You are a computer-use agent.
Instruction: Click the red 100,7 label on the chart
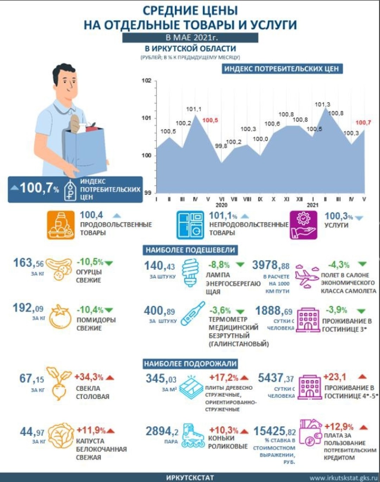(363, 123)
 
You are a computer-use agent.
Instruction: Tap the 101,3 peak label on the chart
(322, 105)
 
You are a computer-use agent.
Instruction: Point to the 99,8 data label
(221, 146)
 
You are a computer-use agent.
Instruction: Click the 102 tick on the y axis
(146, 81)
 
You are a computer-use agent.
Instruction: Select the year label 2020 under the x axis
(221, 205)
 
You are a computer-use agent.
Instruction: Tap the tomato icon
(60, 317)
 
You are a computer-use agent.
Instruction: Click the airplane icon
(306, 277)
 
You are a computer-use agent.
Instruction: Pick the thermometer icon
(193, 313)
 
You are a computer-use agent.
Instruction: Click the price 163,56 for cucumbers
(28, 263)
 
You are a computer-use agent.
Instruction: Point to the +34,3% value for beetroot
(89, 377)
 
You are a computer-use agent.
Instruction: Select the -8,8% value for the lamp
(219, 265)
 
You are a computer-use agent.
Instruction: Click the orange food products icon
(61, 225)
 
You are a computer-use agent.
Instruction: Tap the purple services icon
(303, 225)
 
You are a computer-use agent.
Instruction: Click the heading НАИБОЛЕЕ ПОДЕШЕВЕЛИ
(190, 250)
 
